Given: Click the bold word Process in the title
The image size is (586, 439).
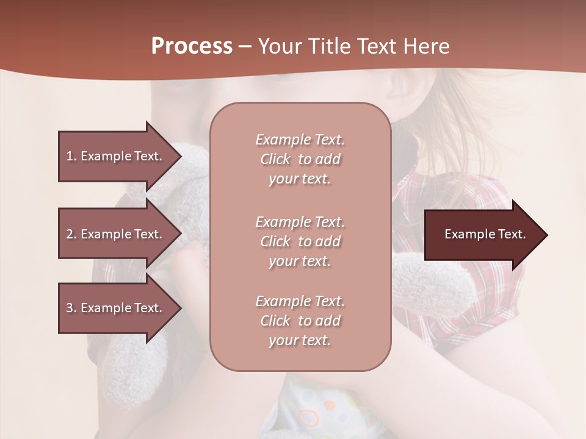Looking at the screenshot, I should click(192, 46).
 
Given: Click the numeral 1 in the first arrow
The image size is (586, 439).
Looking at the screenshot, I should click(70, 156).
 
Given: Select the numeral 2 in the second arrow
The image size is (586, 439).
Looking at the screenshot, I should click(70, 234).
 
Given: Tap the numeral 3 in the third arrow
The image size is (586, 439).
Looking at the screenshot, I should click(70, 308).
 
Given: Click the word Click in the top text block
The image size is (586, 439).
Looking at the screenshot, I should click(275, 159).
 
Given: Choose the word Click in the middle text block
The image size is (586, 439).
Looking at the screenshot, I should click(275, 241).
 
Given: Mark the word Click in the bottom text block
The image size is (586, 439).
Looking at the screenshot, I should click(275, 321).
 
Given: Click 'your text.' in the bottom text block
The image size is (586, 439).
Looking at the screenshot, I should click(300, 340).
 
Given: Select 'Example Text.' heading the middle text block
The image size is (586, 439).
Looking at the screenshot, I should click(300, 222).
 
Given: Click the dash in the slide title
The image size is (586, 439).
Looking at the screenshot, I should click(245, 47).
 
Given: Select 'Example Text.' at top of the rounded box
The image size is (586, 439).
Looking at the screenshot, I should click(300, 140).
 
